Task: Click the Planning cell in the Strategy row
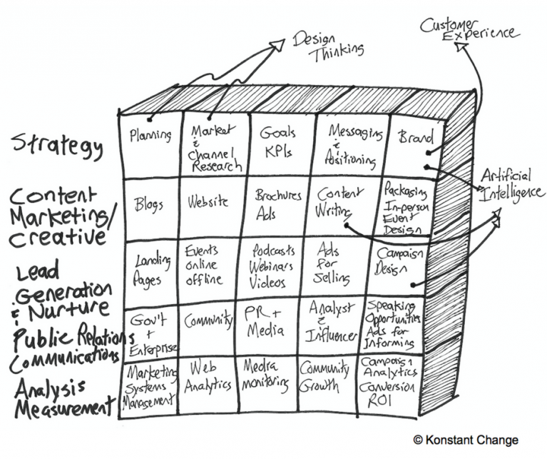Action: coord(151,136)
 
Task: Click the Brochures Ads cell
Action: coord(277,203)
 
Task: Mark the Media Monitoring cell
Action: coord(267,376)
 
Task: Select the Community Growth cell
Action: coord(325,378)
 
